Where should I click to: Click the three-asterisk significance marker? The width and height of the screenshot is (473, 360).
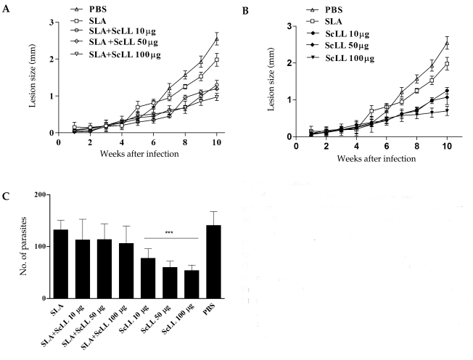(171, 234)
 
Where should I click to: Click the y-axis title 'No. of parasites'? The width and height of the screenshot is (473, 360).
(17, 247)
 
